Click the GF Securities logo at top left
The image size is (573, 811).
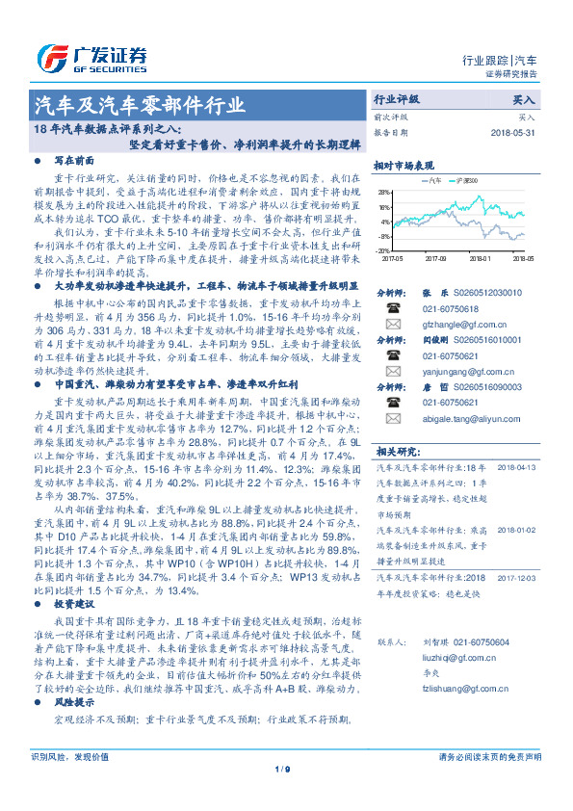click(x=91, y=55)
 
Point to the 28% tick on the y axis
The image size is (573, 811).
click(x=383, y=193)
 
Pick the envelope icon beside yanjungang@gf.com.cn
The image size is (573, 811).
click(x=393, y=371)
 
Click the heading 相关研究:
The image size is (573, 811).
click(x=397, y=450)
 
